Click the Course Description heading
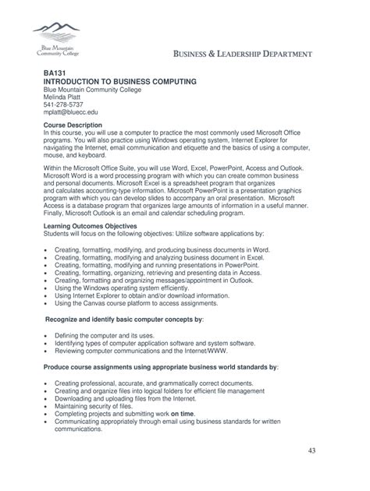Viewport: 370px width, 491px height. coord(73,125)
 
